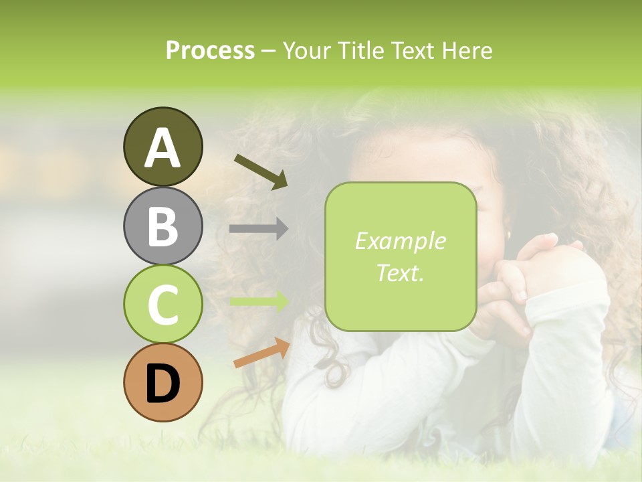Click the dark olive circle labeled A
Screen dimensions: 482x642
pyautogui.click(x=163, y=147)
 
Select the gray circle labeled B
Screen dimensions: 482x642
pyautogui.click(x=163, y=226)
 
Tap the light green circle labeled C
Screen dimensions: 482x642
pyautogui.click(x=163, y=304)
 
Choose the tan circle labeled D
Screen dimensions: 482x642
pyautogui.click(x=163, y=382)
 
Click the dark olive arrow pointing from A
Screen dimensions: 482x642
pyautogui.click(x=261, y=171)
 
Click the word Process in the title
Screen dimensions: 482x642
pyautogui.click(x=210, y=51)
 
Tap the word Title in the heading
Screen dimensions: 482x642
pyautogui.click(x=359, y=51)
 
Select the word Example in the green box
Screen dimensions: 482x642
pyautogui.click(x=400, y=241)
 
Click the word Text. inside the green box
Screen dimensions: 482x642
pyautogui.click(x=400, y=272)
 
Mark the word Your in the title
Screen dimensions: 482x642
pyautogui.click(x=306, y=51)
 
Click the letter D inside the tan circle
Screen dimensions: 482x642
pyautogui.click(x=163, y=384)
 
